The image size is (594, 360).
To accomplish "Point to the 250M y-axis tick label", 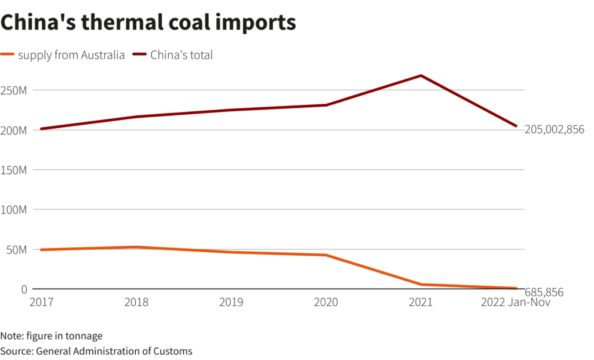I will [14, 90].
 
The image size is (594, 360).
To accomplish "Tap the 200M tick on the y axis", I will [14, 130].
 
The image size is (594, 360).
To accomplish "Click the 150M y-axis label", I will [14, 170].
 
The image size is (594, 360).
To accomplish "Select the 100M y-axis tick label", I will [14, 209].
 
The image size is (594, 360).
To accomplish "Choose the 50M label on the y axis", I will [16, 249].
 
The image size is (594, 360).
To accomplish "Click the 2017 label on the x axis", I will [41, 302].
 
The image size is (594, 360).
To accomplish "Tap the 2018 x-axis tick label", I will [136, 302].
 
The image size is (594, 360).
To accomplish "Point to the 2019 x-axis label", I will [231, 302].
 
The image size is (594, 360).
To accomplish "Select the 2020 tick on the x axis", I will [326, 302].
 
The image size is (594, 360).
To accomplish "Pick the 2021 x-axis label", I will [421, 302].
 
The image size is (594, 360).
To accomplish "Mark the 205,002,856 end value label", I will [554, 129].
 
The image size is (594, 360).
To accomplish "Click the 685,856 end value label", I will [544, 293].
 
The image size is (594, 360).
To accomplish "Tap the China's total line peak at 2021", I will [421, 75].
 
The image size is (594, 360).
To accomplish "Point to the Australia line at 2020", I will [326, 255].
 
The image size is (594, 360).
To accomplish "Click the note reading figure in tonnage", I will [52, 336].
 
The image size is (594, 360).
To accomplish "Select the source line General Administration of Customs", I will [96, 351].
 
